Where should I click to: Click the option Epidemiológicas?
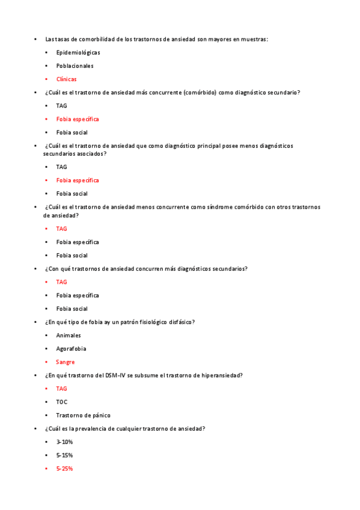[78, 53]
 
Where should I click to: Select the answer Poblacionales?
[75, 66]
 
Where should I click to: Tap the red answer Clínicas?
[66, 79]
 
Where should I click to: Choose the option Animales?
[69, 336]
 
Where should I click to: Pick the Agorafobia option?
[71, 349]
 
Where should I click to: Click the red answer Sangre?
[66, 362]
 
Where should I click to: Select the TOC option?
[61, 402]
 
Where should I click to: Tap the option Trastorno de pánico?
[83, 415]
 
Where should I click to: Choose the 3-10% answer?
[64, 442]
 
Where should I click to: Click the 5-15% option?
[64, 455]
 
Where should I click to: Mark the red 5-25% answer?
[64, 469]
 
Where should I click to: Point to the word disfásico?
[180, 322]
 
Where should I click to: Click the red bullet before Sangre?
[47, 362]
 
